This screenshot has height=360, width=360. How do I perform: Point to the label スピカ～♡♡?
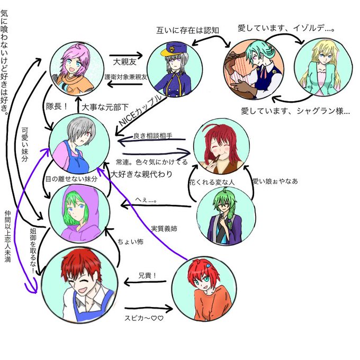point(145,318)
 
